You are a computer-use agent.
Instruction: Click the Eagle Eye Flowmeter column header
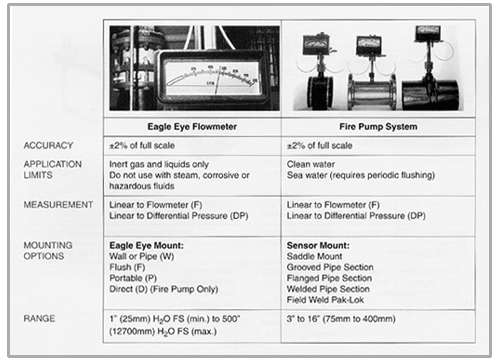click(x=192, y=127)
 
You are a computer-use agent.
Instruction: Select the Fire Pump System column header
click(x=378, y=127)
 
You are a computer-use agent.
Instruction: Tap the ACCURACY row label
click(x=48, y=145)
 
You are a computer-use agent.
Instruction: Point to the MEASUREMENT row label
click(x=58, y=205)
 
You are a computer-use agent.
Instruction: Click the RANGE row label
click(x=39, y=318)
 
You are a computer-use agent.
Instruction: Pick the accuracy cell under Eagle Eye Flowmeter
click(x=142, y=145)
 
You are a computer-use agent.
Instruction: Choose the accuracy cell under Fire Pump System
click(x=320, y=145)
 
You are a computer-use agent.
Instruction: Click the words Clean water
click(x=311, y=164)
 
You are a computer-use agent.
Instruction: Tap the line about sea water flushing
click(x=361, y=175)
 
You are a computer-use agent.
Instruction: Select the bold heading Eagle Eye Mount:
click(x=146, y=246)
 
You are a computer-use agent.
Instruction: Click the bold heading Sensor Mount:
click(x=318, y=246)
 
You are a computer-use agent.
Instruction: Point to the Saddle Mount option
click(x=314, y=256)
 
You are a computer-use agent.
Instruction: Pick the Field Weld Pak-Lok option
click(x=325, y=300)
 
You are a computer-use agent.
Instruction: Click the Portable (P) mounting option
click(x=133, y=278)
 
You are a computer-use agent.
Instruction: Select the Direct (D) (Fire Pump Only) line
click(x=164, y=289)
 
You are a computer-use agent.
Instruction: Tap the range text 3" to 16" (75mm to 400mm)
click(x=341, y=319)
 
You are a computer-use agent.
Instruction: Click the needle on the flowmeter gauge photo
click(x=218, y=81)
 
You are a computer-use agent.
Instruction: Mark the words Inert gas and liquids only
click(x=159, y=164)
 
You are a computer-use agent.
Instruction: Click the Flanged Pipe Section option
click(x=329, y=278)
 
